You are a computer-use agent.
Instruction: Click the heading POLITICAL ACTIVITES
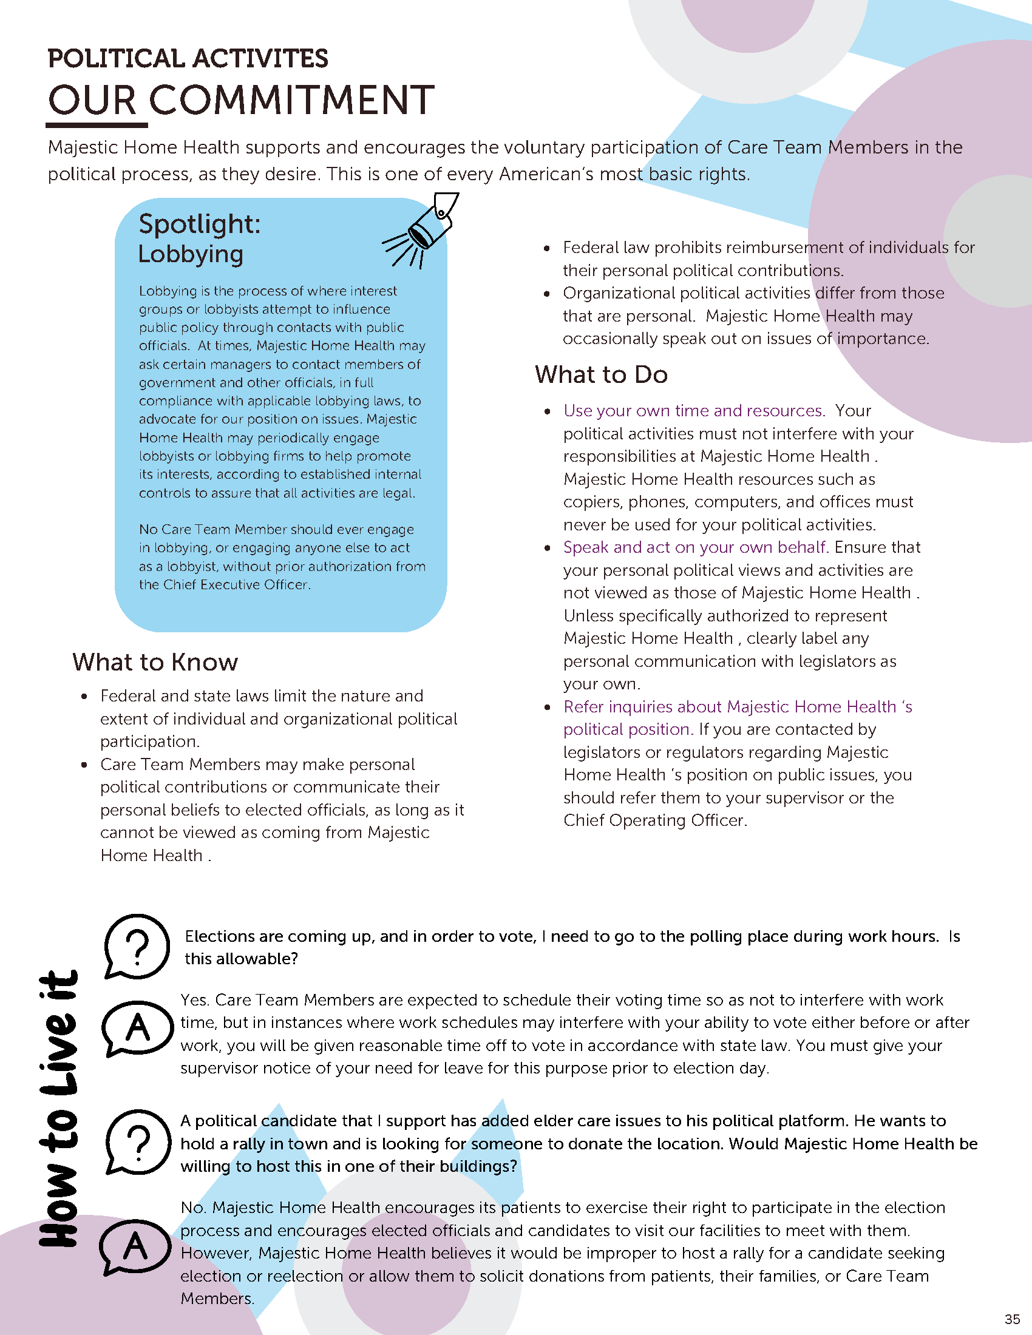(188, 59)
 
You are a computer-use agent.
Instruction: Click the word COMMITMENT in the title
(291, 100)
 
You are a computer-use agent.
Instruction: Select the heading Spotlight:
(199, 224)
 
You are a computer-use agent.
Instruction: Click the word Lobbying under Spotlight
(190, 254)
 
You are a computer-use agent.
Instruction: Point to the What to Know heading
(155, 662)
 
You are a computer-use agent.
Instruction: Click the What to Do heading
(601, 374)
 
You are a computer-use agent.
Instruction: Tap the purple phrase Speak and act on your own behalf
(696, 547)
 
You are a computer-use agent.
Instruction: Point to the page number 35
(1012, 1319)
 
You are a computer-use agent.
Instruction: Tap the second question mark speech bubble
(138, 1141)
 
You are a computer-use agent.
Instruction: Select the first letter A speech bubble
(138, 1028)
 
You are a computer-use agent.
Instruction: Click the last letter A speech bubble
(135, 1247)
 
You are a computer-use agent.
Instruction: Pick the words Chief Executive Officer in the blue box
(237, 584)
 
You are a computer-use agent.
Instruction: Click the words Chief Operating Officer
(654, 820)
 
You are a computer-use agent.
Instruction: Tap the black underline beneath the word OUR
(97, 126)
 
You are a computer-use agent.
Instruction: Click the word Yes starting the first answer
(194, 1001)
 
